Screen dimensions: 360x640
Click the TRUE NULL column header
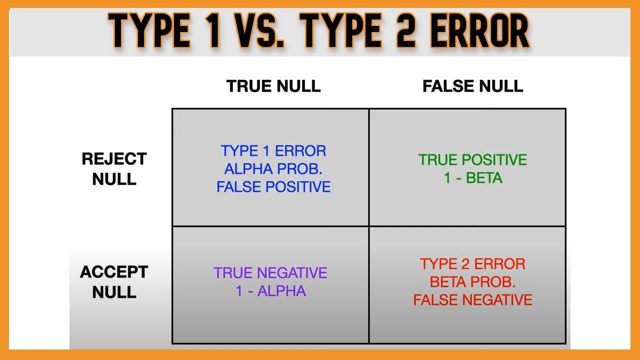273,86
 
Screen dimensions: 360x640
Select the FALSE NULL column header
472,86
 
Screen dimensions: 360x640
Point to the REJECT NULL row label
114,169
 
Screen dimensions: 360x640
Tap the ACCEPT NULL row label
114,282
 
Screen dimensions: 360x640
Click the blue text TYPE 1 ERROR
273,150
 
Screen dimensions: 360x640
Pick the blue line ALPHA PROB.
273,168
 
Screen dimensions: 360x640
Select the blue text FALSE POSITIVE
273,186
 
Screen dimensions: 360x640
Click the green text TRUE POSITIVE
472,160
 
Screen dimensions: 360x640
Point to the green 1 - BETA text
472,178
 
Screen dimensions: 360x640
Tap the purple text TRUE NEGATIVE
270,273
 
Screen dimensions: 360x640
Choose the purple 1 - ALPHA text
270,291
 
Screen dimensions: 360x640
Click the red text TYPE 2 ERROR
472,263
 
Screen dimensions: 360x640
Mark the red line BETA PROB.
472,281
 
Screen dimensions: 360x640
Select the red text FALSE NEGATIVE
472,299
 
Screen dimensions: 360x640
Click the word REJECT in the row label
114,159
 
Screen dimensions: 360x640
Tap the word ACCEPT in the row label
114,272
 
